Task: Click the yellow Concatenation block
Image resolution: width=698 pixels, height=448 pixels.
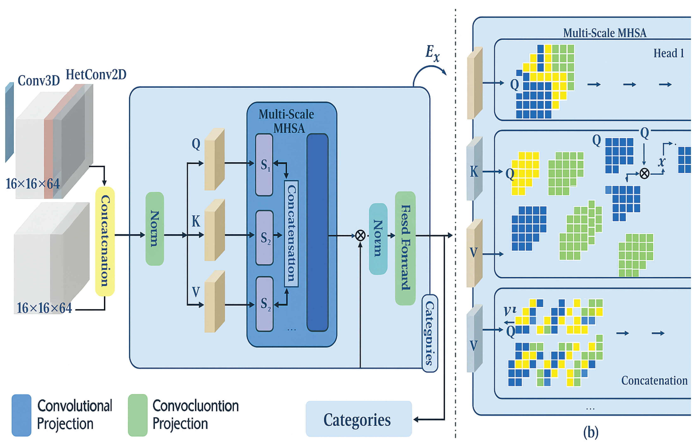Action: point(105,241)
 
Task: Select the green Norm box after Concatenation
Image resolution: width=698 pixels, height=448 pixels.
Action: point(155,229)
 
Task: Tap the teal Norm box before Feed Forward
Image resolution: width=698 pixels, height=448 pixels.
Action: point(378,238)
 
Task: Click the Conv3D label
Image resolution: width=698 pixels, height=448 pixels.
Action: point(39,81)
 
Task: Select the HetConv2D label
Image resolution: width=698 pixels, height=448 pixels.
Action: point(96,75)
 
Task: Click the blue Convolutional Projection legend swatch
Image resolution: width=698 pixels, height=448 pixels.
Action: point(21,415)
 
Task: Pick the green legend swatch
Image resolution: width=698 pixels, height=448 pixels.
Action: point(138,415)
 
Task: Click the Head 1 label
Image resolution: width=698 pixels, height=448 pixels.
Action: point(669,53)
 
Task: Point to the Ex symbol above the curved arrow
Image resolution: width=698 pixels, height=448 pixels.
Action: point(432,53)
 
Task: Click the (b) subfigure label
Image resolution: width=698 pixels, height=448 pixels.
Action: point(591,432)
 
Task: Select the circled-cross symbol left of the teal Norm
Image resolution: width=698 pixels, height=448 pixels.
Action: point(360,235)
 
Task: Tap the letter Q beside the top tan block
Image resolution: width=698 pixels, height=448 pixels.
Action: point(196,144)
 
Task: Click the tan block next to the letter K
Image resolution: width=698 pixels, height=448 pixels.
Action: point(215,230)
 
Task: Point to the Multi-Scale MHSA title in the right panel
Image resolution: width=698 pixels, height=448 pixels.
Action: point(605,33)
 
